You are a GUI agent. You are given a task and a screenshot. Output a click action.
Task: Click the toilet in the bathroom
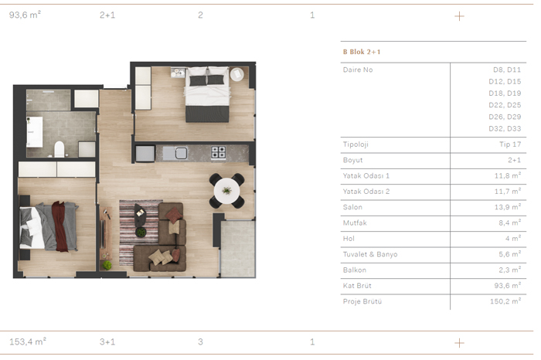point(60,149)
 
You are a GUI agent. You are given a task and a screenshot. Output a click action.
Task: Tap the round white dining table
point(226,191)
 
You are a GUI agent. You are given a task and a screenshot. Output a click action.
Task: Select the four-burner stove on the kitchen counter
point(219,152)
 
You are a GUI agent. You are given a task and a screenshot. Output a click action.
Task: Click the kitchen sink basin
point(181,153)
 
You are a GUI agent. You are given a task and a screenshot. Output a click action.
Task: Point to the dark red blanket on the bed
point(60,226)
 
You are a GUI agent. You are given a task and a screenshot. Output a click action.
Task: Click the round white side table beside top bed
point(237,74)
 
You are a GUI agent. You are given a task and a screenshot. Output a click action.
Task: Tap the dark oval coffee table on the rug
point(140,215)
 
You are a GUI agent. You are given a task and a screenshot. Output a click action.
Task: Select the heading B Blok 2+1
point(362,52)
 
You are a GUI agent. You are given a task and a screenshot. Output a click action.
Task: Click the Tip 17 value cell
point(510,144)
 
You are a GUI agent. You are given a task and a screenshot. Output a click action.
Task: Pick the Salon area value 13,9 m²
point(507,207)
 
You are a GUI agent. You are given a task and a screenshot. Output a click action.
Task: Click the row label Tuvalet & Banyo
point(370,254)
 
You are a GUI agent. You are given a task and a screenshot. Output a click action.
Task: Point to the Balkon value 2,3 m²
point(509,270)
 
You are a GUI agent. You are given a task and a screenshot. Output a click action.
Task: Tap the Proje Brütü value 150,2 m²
point(505,301)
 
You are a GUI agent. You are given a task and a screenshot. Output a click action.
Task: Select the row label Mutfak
point(355,222)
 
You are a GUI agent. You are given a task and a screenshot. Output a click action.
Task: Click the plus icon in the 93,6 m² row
point(459,16)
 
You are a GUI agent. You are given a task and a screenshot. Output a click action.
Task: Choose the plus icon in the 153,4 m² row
point(459,343)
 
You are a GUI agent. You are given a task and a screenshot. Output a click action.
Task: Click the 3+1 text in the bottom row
point(107,341)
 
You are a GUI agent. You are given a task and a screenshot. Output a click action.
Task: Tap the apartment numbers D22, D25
point(505,105)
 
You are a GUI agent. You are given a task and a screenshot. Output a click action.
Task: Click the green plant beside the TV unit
point(107,265)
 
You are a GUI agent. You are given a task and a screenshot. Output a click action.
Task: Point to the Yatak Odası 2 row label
point(366,192)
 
